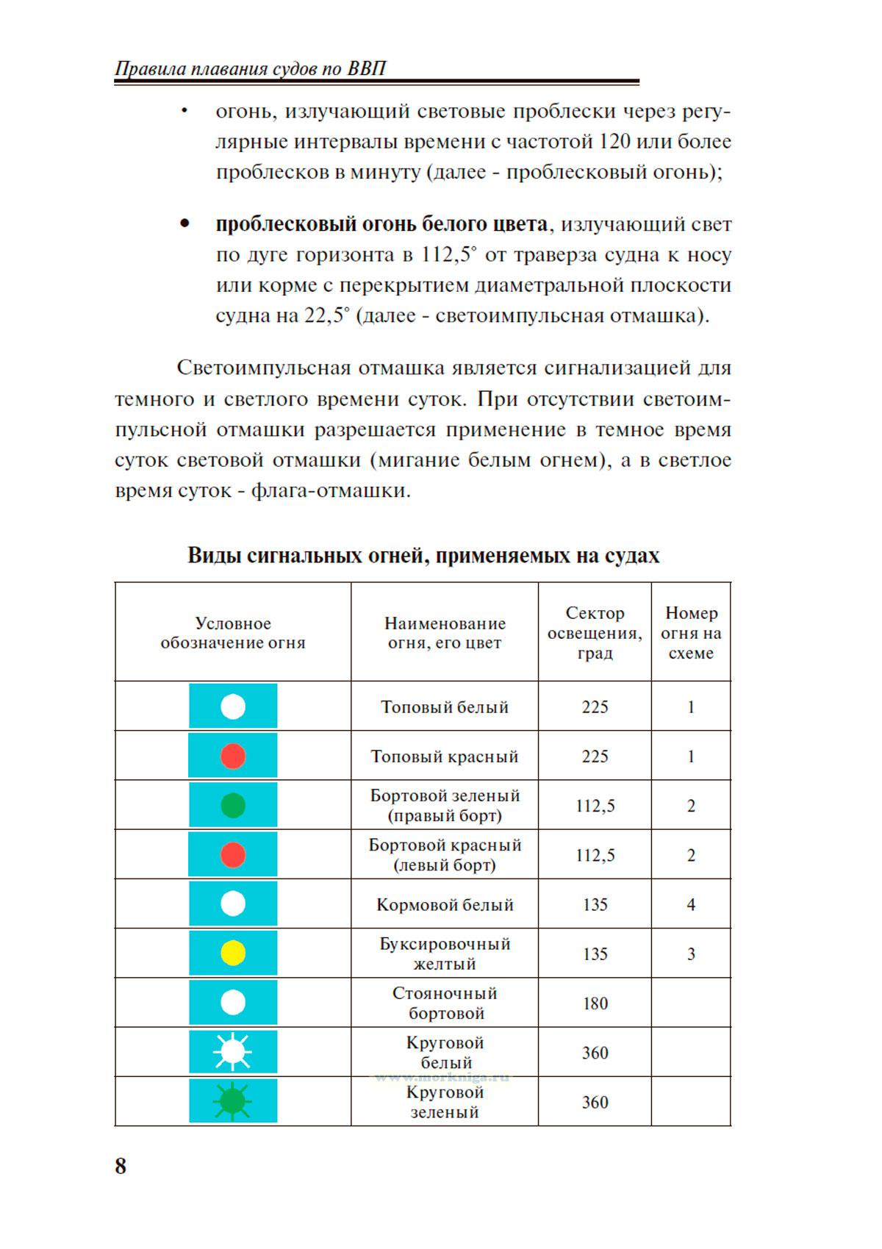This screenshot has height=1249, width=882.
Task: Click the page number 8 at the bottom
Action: (x=121, y=1166)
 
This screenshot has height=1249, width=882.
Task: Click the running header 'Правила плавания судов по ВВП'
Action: (x=251, y=69)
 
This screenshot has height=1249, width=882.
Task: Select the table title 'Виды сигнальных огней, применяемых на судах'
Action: (x=423, y=555)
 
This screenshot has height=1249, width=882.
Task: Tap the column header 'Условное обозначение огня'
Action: (x=232, y=633)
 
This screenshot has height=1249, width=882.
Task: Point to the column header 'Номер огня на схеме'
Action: (x=691, y=633)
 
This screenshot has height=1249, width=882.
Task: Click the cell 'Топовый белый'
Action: (x=445, y=707)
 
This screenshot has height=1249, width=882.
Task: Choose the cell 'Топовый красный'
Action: (x=445, y=756)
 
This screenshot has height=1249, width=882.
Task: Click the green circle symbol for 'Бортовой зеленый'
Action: (x=233, y=806)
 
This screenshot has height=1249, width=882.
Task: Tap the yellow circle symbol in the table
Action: (x=233, y=953)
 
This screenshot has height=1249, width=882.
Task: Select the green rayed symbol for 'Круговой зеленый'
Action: (x=232, y=1101)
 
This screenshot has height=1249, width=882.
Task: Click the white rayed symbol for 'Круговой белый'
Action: (x=232, y=1052)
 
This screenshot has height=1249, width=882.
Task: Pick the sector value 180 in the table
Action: (x=595, y=1003)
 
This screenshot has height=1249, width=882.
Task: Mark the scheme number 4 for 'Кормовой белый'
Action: (x=691, y=905)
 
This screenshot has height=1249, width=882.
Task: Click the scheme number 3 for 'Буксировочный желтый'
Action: (x=691, y=954)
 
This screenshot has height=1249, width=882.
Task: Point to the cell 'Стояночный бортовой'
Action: (x=445, y=1003)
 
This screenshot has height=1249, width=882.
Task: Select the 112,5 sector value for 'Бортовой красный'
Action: (x=595, y=856)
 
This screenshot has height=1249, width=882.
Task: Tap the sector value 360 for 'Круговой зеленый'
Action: (x=595, y=1102)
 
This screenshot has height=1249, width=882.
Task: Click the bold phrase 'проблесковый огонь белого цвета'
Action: (x=381, y=224)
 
